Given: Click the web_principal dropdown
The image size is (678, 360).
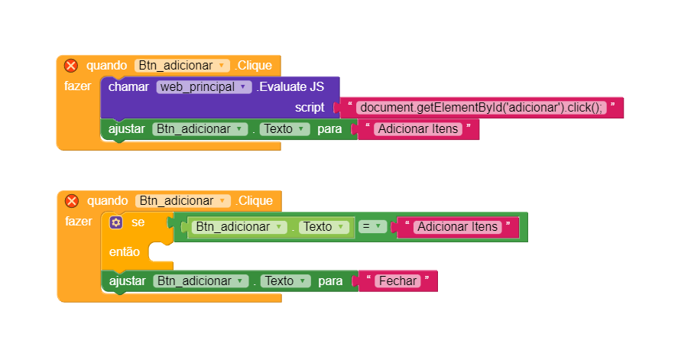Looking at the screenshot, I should (x=204, y=87).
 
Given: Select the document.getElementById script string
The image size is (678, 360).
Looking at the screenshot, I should (x=482, y=108).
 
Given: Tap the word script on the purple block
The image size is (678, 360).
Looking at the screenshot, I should (x=310, y=108).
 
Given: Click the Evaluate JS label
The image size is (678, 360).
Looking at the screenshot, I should (x=290, y=87).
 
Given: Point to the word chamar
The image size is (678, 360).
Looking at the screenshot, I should (x=128, y=87).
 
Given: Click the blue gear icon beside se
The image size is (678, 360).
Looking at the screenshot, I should (x=115, y=222).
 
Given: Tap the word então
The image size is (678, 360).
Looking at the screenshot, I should (x=125, y=251).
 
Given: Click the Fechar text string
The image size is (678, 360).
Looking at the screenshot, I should (x=397, y=281).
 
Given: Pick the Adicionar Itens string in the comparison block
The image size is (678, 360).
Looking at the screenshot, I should (x=458, y=227).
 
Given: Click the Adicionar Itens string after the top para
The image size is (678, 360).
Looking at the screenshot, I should (x=418, y=129).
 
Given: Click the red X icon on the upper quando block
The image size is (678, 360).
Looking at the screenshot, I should (x=71, y=66).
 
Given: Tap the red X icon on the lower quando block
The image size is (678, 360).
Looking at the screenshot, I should (x=72, y=201).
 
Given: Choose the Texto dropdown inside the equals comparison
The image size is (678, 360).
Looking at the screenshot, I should (x=323, y=227).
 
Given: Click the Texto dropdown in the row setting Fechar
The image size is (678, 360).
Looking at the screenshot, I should (x=284, y=281).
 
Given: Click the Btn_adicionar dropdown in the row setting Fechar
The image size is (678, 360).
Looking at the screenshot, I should (x=200, y=281).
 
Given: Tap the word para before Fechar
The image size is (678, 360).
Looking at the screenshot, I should (x=329, y=281).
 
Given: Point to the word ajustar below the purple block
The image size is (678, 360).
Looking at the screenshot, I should (x=127, y=129).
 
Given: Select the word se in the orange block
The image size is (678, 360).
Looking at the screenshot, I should (x=138, y=222).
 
